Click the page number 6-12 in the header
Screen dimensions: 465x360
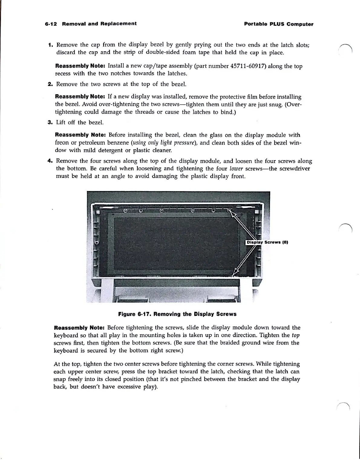pos(51,24)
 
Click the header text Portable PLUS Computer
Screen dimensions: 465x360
pos(279,24)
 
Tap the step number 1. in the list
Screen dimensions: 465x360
pos(51,45)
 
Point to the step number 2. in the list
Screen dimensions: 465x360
pos(50,84)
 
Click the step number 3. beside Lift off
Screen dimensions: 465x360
pos(50,122)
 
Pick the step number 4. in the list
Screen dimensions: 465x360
pos(50,161)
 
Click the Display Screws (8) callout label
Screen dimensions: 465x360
pos(267,242)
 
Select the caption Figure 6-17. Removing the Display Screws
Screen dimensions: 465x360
pos(177,314)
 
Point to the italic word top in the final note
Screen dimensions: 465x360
pos(296,335)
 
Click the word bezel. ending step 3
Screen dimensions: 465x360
pos(96,122)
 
